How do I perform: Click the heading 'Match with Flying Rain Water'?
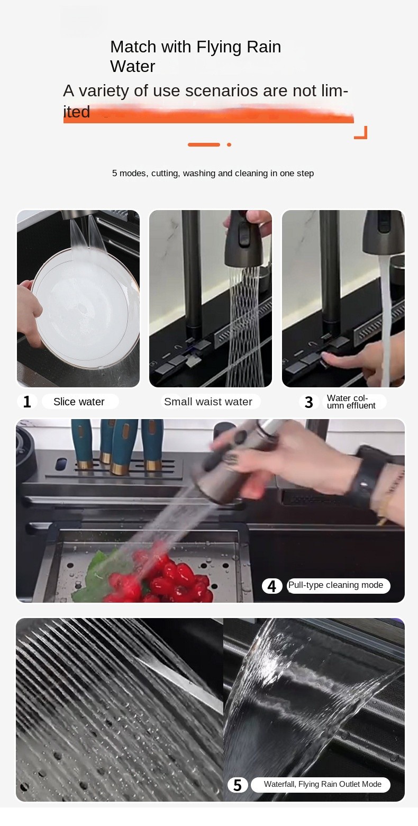195,57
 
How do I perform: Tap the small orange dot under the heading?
229,144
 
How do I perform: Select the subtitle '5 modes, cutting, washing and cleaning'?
213,174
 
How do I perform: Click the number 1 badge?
27,402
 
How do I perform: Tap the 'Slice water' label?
79,402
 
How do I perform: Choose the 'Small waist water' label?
208,402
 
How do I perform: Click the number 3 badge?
309,402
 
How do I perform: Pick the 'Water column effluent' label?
351,402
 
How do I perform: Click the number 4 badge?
271,586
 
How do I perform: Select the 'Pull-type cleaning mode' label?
336,585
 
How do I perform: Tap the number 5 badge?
238,785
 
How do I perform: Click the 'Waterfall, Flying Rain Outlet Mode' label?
323,784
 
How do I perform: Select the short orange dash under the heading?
204,144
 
